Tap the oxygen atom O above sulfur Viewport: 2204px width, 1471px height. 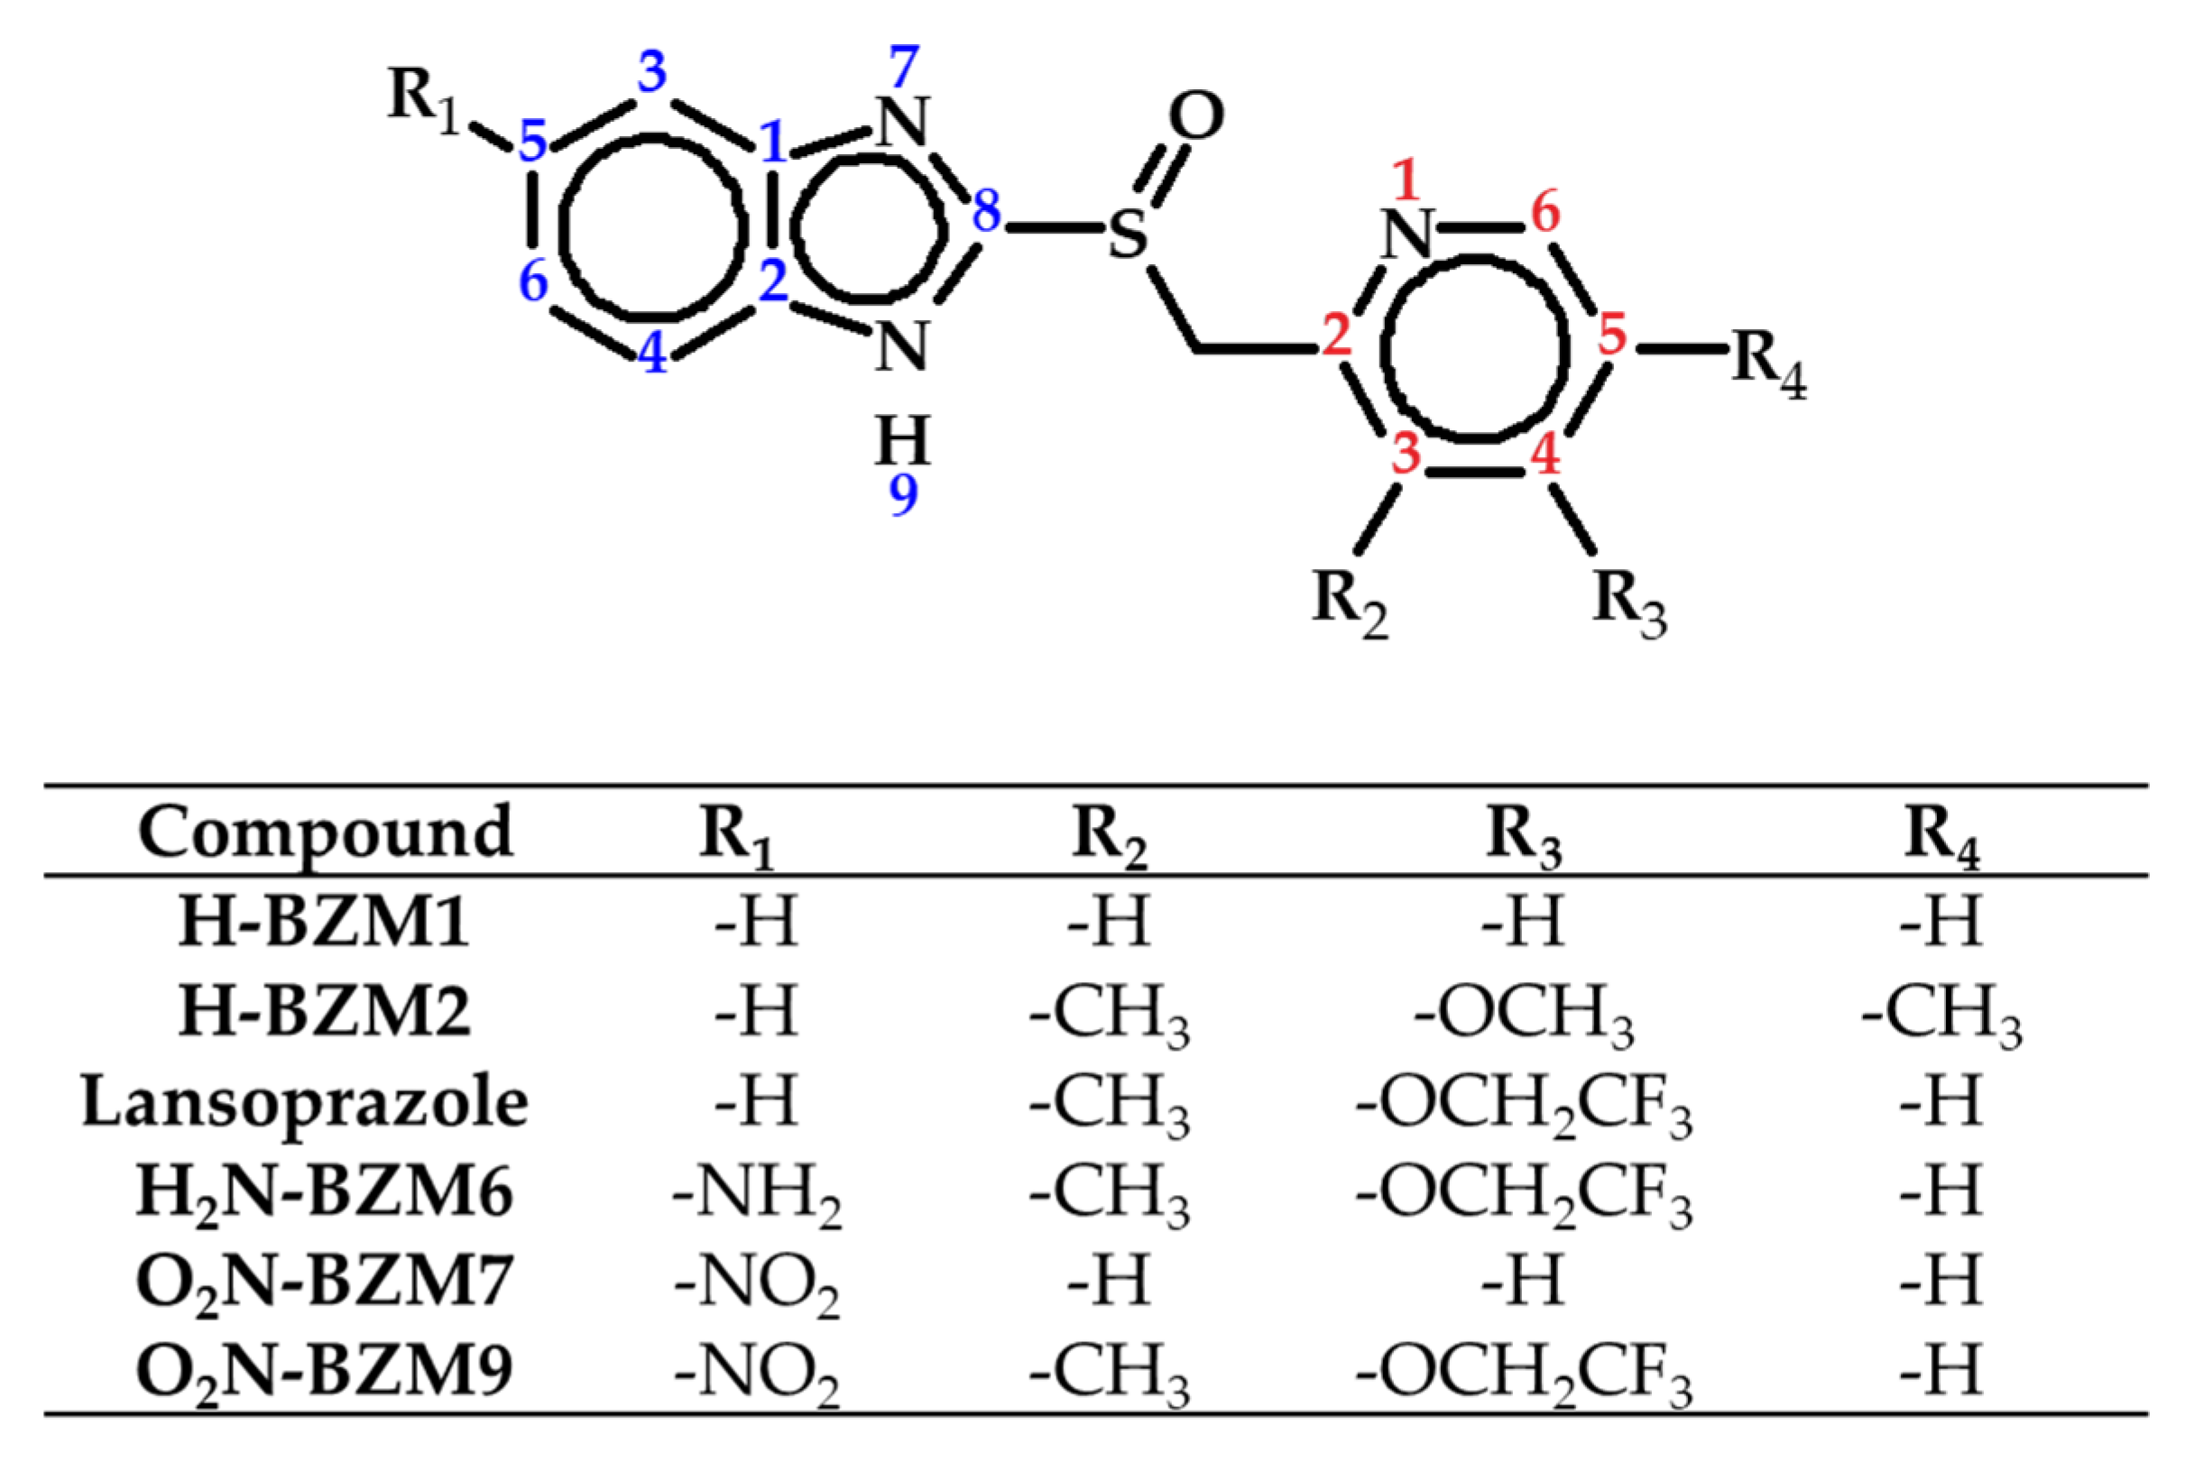pyautogui.click(x=1195, y=116)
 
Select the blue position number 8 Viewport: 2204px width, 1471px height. pyautogui.click(x=986, y=212)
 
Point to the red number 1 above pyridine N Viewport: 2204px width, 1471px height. pyautogui.click(x=1405, y=180)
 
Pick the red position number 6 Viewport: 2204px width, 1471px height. pyautogui.click(x=1545, y=212)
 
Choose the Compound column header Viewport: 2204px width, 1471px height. pyautogui.click(x=326, y=833)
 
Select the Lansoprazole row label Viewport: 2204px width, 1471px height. pyautogui.click(x=305, y=1102)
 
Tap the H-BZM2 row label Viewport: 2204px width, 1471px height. pyautogui.click(x=325, y=1012)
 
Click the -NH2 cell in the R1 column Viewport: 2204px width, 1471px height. pyautogui.click(x=756, y=1193)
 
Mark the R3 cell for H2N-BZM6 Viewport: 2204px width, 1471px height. pyautogui.click(x=1524, y=1193)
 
